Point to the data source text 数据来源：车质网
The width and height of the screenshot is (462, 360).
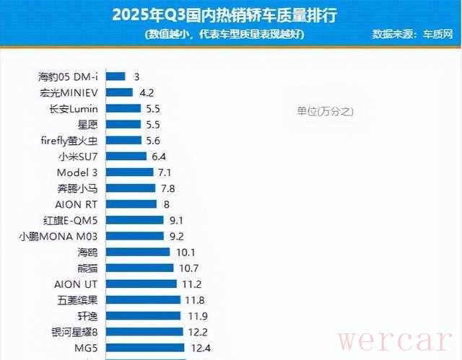point(411,33)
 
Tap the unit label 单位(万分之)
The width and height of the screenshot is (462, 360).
point(325,111)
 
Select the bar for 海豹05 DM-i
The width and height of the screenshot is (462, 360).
point(116,76)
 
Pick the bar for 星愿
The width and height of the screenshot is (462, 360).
point(124,124)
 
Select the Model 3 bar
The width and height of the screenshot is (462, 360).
point(130,172)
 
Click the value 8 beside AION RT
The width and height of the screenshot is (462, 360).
point(167,203)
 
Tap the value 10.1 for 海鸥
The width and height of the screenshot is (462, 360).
point(185,252)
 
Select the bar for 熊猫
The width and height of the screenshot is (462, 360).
point(140,268)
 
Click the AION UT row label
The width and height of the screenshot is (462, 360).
point(77,284)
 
